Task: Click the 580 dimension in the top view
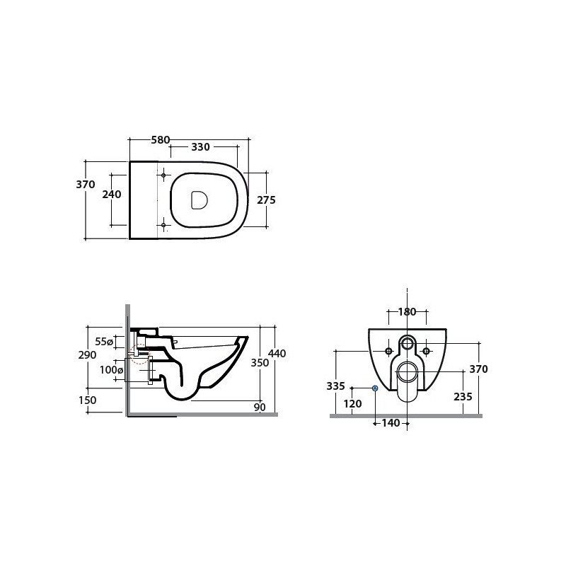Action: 161,139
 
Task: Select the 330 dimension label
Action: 200,147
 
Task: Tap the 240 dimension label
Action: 112,194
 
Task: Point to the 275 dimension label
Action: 267,200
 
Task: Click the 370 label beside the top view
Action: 86,185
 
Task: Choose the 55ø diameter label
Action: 104,341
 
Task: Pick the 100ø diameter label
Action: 112,370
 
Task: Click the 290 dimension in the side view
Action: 87,355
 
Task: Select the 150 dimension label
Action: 87,400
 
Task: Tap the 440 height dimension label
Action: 277,353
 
